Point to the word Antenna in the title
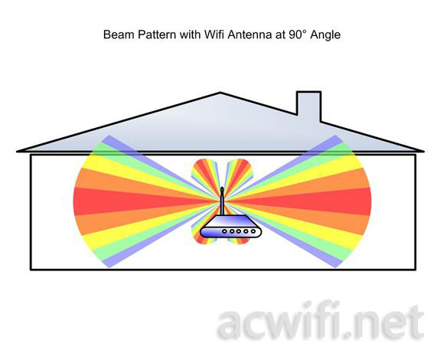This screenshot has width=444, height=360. pyautogui.click(x=250, y=34)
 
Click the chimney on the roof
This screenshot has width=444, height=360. pyautogui.click(x=309, y=106)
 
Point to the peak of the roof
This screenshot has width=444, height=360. pyautogui.click(x=220, y=93)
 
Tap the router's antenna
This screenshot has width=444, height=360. pyautogui.click(x=222, y=201)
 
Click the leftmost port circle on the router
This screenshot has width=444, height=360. pyautogui.click(x=224, y=231)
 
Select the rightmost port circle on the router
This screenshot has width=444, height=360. pyautogui.click(x=253, y=231)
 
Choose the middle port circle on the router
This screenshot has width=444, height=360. pyautogui.click(x=239, y=231)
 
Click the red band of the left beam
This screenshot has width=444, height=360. pyautogui.click(x=136, y=201)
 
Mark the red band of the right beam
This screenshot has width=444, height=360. pyautogui.click(x=309, y=201)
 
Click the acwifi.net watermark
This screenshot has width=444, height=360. pyautogui.click(x=321, y=322)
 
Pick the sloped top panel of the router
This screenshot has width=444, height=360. pyautogui.click(x=230, y=221)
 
